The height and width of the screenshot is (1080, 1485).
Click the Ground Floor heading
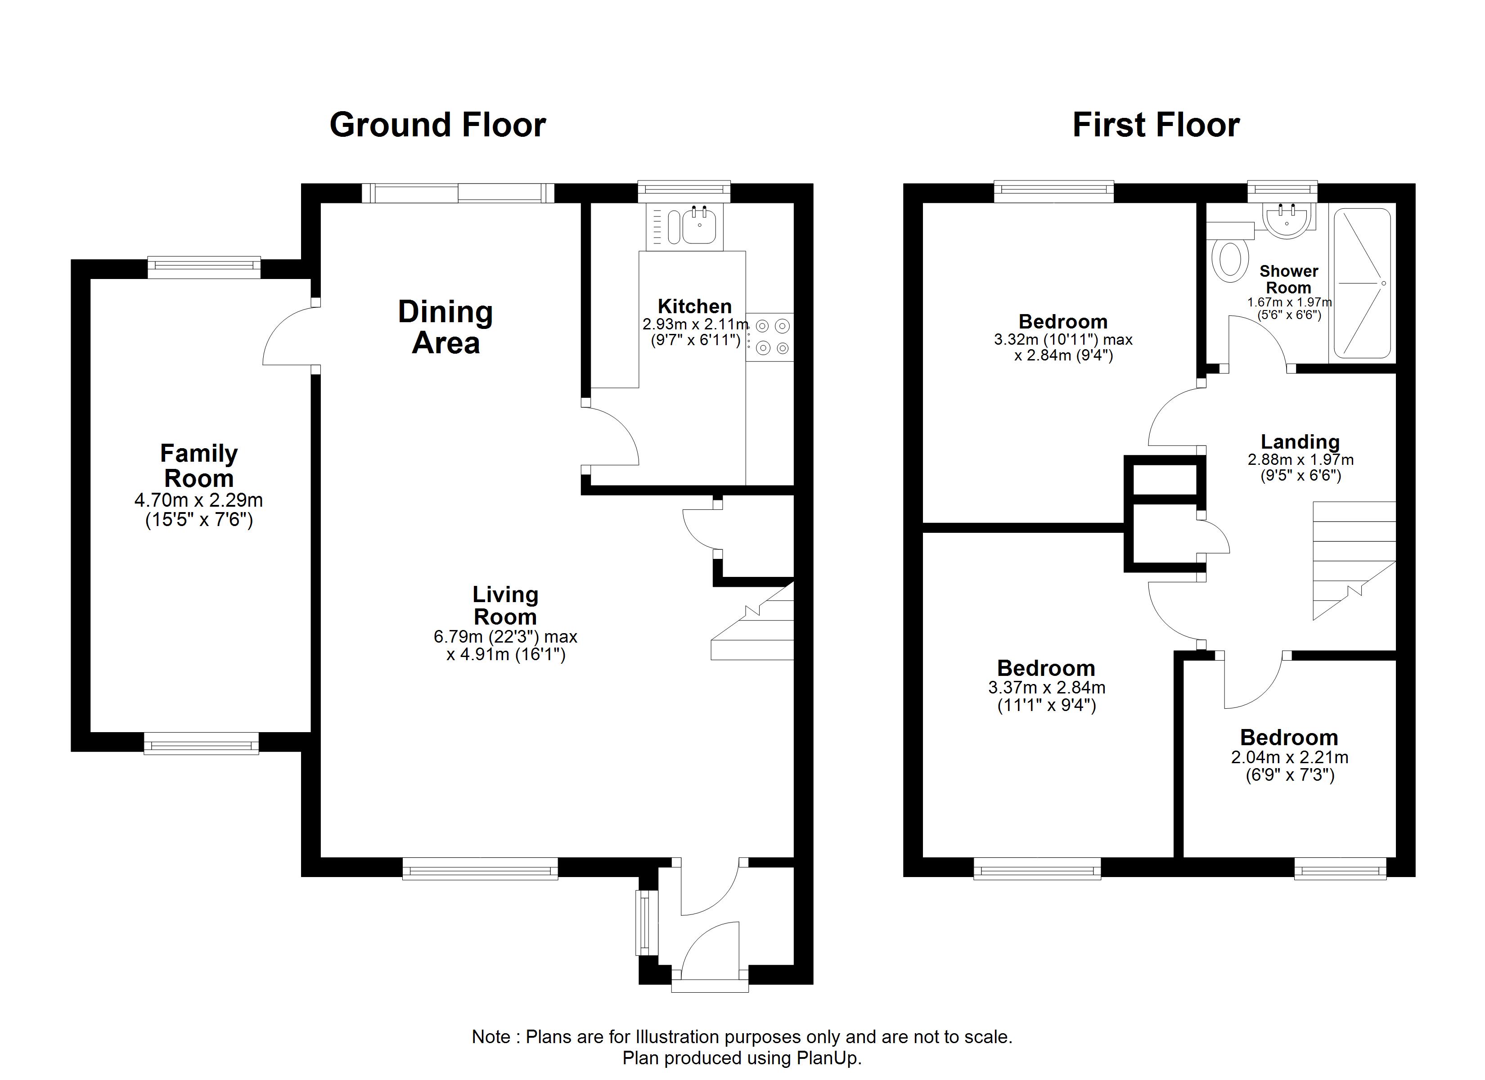pos(437,125)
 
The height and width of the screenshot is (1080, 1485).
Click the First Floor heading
pos(1156,125)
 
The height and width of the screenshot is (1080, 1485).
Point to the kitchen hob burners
pos(772,337)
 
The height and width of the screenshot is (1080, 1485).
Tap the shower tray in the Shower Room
pos(1362,283)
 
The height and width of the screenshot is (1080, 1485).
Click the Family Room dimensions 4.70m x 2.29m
pos(198,500)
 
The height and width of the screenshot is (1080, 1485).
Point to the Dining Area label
pos(445,327)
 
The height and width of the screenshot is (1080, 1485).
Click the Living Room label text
pos(505,605)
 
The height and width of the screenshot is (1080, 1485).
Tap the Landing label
pos(1300,441)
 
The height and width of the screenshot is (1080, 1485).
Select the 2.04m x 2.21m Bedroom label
pos(1288,738)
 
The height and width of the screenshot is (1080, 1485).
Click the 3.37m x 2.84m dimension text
pos(1046,688)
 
